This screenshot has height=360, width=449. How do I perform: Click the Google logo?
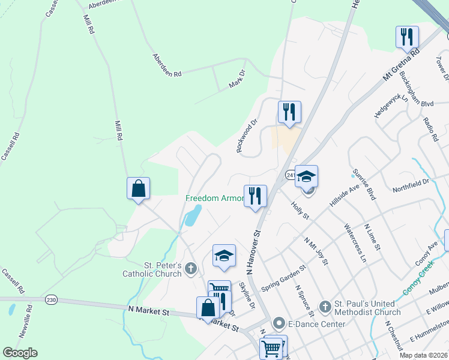click(x=20, y=353)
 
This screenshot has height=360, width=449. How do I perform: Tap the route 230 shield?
click(x=50, y=298)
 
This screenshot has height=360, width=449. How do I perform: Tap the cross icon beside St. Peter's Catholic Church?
click(x=191, y=268)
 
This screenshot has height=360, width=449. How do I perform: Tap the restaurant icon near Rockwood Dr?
click(x=289, y=112)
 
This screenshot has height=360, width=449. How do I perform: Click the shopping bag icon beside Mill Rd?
click(x=138, y=188)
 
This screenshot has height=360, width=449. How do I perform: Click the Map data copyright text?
click(x=424, y=355)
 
